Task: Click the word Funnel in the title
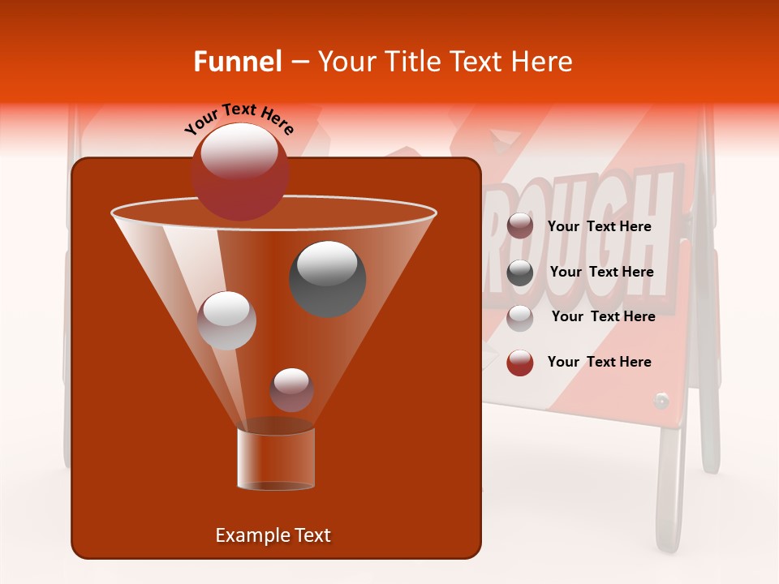point(238,62)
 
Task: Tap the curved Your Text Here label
point(239,118)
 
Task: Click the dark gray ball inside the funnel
point(327,278)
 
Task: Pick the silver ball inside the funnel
point(226,320)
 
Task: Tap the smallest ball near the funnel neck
point(291,389)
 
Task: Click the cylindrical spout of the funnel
point(276,458)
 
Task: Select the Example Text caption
point(273,535)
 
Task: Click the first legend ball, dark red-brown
point(520,226)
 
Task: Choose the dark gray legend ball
point(520,272)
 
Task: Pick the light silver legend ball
point(520,317)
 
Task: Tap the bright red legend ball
point(520,363)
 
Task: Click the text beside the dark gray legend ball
point(601,272)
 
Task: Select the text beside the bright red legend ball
point(600,362)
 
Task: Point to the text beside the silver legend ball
point(603,316)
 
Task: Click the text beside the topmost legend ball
point(600,226)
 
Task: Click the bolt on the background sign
point(661,400)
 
